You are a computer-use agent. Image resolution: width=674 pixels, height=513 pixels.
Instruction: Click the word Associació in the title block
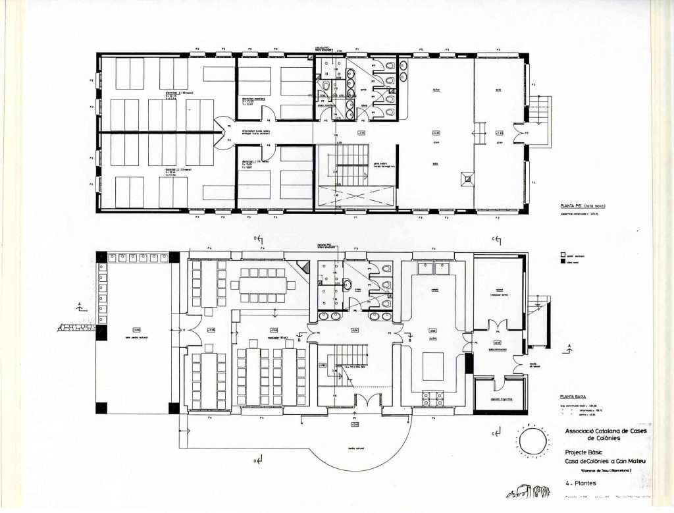click(577, 431)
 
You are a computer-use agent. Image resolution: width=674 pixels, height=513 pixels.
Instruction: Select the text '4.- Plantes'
click(580, 483)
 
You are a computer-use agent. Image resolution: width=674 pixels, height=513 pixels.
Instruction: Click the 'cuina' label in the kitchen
click(434, 338)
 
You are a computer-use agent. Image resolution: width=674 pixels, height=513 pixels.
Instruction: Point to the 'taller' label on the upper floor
click(436, 91)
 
